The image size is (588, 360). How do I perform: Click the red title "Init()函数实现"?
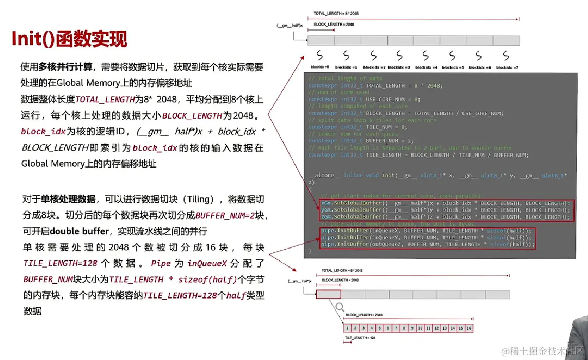point(70,39)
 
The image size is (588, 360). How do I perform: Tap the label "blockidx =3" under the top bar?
point(399,67)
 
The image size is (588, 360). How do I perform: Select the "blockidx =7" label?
point(506,67)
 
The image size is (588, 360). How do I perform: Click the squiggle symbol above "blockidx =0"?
point(319,55)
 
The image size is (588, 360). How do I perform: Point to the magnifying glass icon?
point(340,307)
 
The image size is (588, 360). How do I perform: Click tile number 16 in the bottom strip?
point(469,328)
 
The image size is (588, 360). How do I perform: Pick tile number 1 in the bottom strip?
point(348,328)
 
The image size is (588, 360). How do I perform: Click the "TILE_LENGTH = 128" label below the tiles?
point(360,338)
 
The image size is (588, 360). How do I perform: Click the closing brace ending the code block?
point(310,251)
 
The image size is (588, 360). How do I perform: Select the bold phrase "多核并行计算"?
point(65,67)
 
